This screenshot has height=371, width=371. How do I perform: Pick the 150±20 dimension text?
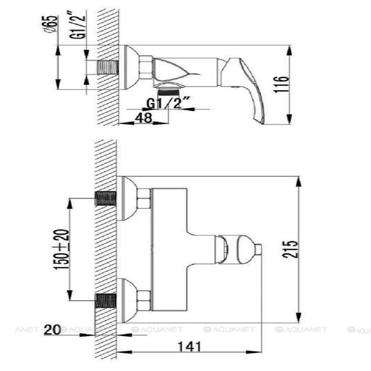[x=61, y=250]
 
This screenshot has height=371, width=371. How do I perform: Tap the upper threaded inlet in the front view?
[x=105, y=199]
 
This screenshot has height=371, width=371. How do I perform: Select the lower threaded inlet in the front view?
[x=105, y=301]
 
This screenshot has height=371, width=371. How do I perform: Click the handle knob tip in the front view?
[x=258, y=250]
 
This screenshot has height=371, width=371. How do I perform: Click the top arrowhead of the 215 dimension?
[x=299, y=181]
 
